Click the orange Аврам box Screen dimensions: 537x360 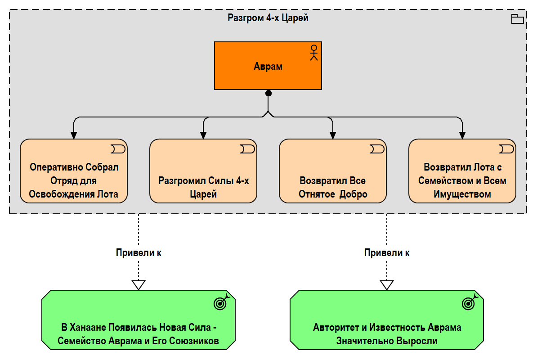pyautogui.click(x=268, y=66)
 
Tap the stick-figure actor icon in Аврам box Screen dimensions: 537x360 pyautogui.click(x=314, y=53)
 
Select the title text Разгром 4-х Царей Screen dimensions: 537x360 pyautogui.click(x=268, y=18)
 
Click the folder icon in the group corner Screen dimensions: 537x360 pyautogui.click(x=517, y=19)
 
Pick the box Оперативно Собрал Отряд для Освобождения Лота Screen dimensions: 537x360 pyautogui.click(x=74, y=171)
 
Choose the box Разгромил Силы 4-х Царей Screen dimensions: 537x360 pyautogui.click(x=203, y=171)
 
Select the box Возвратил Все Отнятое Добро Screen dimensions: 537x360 pyautogui.click(x=332, y=171)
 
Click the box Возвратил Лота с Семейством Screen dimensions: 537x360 pyautogui.click(x=462, y=171)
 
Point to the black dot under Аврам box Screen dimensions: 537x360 pyautogui.click(x=268, y=93)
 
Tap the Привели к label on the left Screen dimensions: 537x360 pyautogui.click(x=139, y=253)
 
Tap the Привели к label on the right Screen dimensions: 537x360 pyautogui.click(x=387, y=253)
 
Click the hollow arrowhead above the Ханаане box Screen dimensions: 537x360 pyautogui.click(x=139, y=285)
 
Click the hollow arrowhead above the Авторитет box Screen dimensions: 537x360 pyautogui.click(x=387, y=285)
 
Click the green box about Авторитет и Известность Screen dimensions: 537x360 pyautogui.click(x=387, y=320)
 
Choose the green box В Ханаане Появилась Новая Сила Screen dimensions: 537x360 pyautogui.click(x=139, y=320)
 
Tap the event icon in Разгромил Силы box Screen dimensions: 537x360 pyautogui.click(x=247, y=149)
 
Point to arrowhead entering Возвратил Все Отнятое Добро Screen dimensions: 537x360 pyautogui.click(x=332, y=135)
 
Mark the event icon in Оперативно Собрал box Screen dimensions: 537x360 pyautogui.click(x=118, y=149)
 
